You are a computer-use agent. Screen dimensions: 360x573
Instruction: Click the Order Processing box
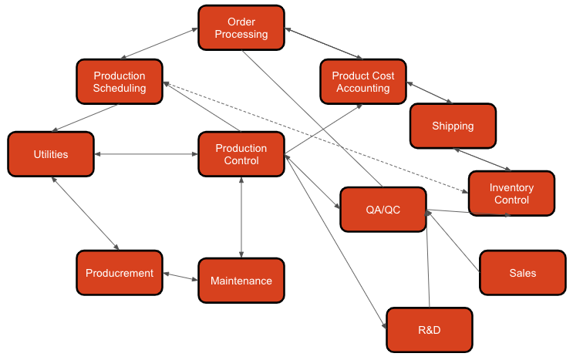(x=241, y=29)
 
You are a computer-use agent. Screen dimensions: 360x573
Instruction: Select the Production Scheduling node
(x=120, y=82)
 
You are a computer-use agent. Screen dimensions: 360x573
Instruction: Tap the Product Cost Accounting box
(x=363, y=82)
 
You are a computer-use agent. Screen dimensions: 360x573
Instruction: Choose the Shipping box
(x=453, y=126)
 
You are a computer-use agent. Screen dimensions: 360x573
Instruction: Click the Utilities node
(x=51, y=154)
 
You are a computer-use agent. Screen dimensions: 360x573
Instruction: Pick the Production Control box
(x=241, y=154)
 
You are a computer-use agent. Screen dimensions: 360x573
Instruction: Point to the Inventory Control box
(x=511, y=193)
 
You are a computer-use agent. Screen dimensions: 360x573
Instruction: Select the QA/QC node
(x=383, y=210)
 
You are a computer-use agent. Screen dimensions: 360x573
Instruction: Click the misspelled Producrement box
(x=120, y=273)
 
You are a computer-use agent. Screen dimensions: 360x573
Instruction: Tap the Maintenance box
(x=241, y=281)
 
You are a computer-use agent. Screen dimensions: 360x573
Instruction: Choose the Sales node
(x=522, y=273)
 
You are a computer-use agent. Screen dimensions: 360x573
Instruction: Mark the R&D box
(x=429, y=330)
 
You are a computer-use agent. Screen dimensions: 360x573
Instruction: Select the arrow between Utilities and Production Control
(x=146, y=155)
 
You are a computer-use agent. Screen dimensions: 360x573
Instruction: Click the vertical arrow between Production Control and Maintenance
(x=242, y=216)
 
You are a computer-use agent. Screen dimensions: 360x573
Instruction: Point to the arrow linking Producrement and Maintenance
(x=180, y=276)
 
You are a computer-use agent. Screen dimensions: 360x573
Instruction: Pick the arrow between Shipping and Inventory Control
(x=481, y=159)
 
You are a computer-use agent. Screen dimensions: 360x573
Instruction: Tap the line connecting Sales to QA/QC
(x=454, y=243)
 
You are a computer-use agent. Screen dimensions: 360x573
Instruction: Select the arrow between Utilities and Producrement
(x=85, y=213)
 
